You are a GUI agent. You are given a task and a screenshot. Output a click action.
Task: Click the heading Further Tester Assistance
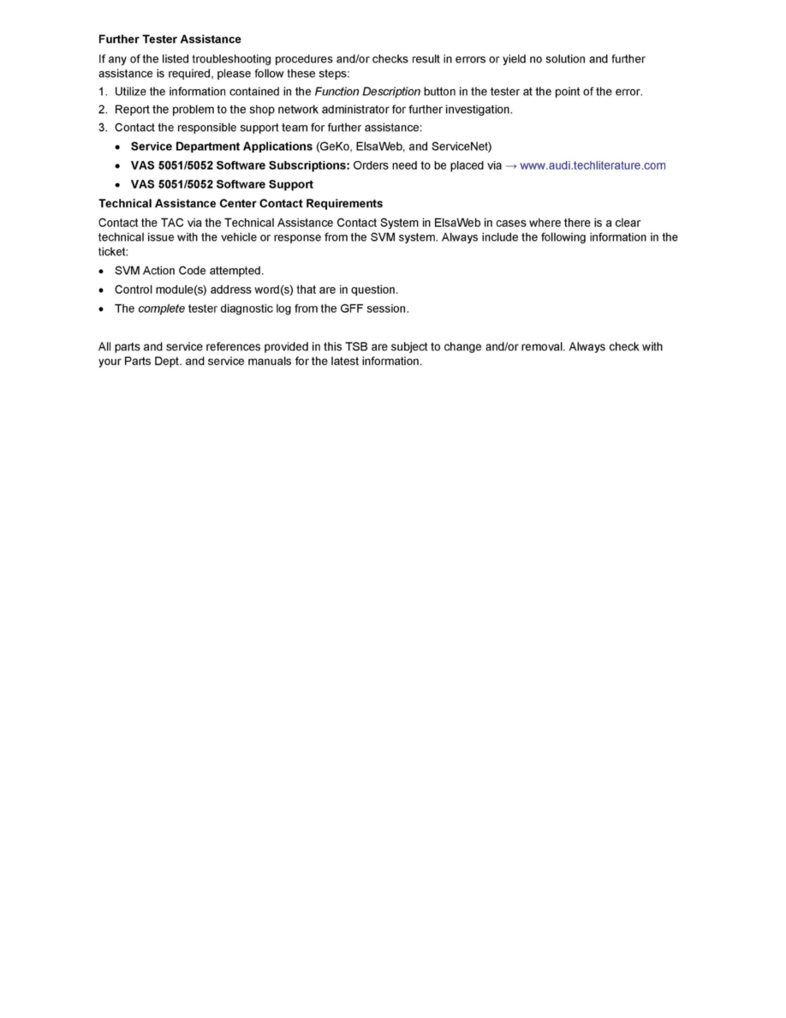coord(170,39)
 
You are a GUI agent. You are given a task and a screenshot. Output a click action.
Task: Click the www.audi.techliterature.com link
coord(592,165)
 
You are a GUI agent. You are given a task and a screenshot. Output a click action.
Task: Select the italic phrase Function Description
coord(367,92)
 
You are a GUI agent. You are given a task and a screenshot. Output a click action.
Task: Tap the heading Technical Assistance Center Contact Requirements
coord(241,204)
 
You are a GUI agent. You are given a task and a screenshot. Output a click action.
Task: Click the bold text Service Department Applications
coord(221,147)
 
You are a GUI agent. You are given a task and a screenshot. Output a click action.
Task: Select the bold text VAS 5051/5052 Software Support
coord(222,184)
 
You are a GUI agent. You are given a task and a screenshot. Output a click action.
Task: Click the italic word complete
coord(161,308)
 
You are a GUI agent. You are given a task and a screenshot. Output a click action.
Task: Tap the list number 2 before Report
coord(102,110)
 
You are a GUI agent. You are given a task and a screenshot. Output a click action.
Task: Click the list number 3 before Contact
coord(102,129)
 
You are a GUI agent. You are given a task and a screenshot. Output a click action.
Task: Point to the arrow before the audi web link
coord(511,165)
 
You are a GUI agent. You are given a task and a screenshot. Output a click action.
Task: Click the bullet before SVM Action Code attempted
coord(102,271)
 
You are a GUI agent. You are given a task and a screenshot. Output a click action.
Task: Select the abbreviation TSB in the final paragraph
coord(356,347)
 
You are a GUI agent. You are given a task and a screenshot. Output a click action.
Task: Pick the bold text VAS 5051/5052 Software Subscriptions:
coord(240,165)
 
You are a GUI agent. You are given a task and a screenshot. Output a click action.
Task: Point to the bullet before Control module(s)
coord(102,290)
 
